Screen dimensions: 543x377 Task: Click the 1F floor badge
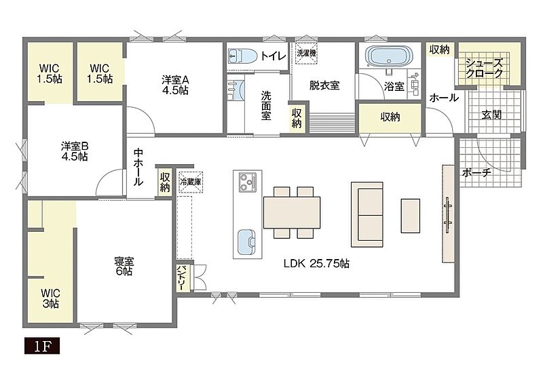pos(42,346)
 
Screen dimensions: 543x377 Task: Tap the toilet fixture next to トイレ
pos(242,56)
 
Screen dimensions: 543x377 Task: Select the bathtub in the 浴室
pos(390,56)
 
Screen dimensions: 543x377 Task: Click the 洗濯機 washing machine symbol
pos(307,54)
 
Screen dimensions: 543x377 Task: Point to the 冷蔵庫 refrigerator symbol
pos(191,182)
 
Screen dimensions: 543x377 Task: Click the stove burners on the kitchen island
pos(248,182)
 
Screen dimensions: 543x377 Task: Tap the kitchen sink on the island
pos(246,242)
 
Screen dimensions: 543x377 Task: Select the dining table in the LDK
pos(292,212)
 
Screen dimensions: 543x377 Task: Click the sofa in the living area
pos(367,214)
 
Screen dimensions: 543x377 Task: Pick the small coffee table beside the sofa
pos(411,216)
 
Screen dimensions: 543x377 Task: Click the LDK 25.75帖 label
pos(316,264)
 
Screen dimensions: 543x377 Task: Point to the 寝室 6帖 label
pos(124,266)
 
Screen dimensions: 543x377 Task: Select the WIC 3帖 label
pos(50,298)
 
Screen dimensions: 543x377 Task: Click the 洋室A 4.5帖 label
pos(175,85)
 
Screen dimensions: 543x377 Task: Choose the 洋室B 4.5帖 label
pos(75,151)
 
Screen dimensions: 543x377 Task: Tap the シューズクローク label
pos(484,68)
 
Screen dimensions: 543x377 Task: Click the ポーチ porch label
pos(476,172)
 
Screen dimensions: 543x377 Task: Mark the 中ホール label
pos(138,167)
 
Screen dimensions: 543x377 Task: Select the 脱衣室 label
pos(324,85)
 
